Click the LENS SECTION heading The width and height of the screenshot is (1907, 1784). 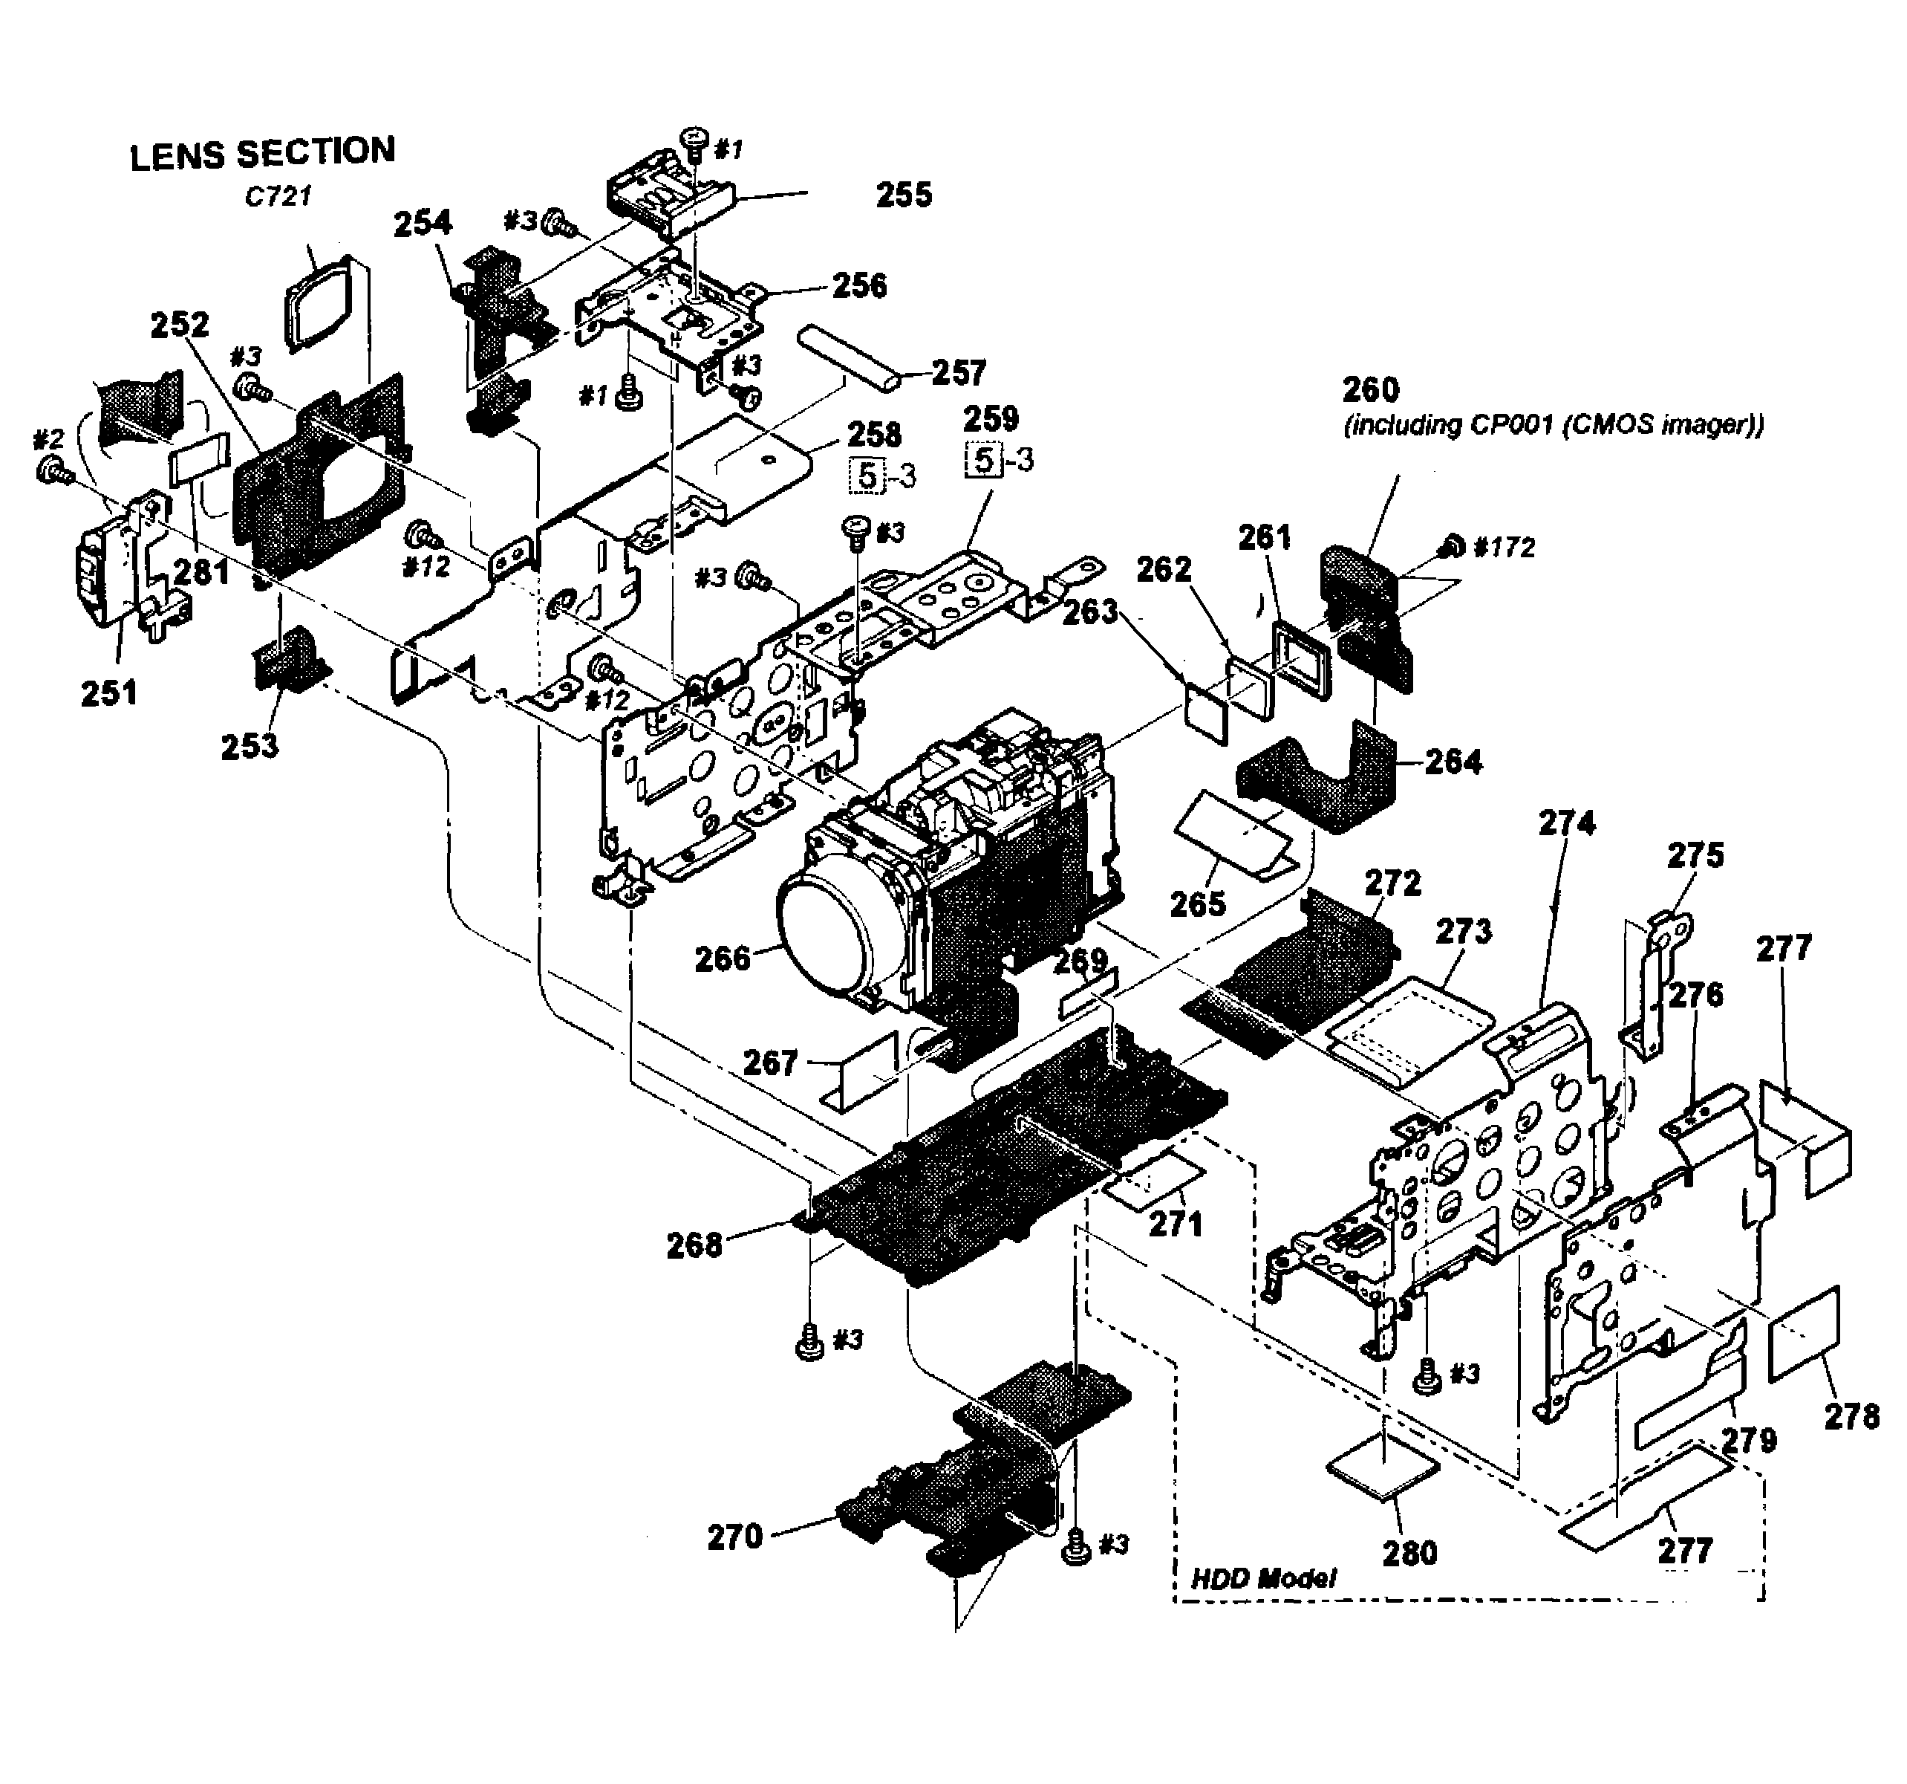[x=262, y=154]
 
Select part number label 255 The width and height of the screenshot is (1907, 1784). [x=904, y=195]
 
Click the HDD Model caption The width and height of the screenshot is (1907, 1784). [x=1262, y=1579]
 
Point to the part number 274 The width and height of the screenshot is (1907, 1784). [x=1566, y=823]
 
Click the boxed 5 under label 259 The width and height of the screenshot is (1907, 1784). [x=983, y=461]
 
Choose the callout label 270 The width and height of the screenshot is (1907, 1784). [x=734, y=1537]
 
